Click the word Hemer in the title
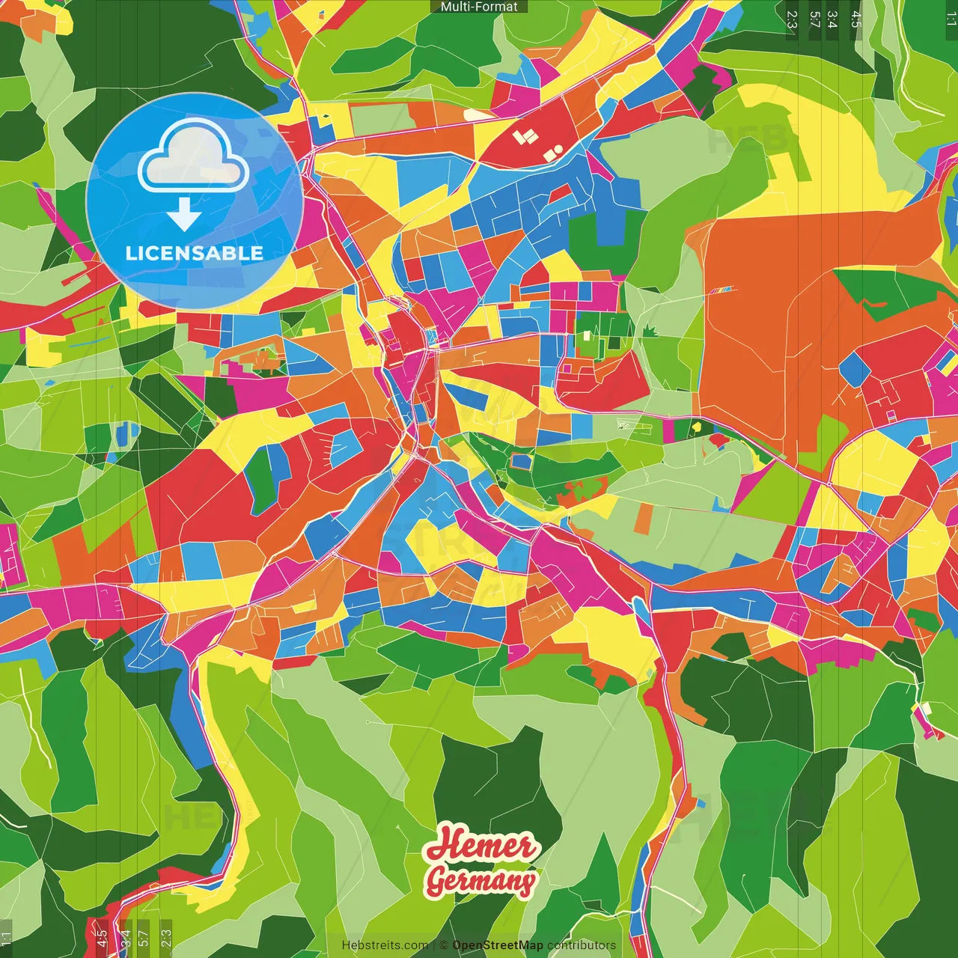click(x=481, y=845)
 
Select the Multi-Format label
click(x=479, y=7)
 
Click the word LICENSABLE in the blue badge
click(x=195, y=253)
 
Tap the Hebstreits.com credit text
click(x=385, y=945)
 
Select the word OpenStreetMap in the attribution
click(x=498, y=945)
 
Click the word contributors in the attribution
click(x=582, y=945)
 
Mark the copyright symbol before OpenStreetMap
click(x=444, y=945)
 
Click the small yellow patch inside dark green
click(x=696, y=427)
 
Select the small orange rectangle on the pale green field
click(x=643, y=519)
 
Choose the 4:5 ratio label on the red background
click(x=101, y=936)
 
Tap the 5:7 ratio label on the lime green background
click(x=143, y=936)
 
